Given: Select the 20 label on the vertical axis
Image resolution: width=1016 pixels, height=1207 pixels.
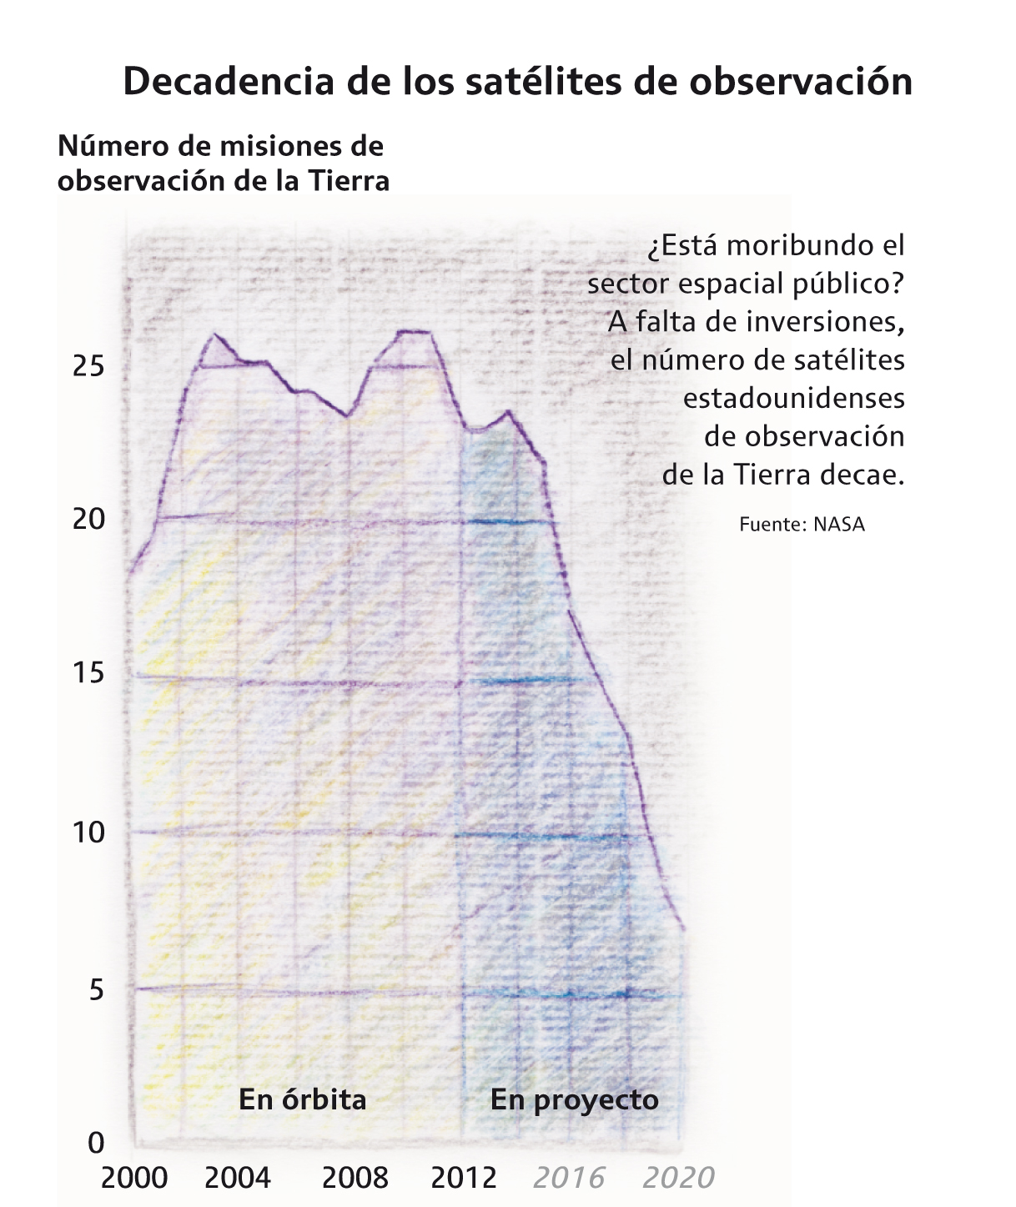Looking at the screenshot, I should pos(89,520).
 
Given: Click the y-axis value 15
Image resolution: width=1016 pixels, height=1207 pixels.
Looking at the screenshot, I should pos(89,672).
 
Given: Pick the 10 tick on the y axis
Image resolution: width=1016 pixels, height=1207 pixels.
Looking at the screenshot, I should pos(89,832).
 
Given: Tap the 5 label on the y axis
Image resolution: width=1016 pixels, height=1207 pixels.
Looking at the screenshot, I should pos(97,990).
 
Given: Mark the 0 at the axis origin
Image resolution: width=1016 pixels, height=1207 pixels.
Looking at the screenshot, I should pos(97,1142).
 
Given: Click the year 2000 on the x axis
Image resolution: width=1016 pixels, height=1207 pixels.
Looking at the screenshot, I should pos(134,1178).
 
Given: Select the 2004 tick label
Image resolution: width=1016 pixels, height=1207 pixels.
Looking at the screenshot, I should pos(238,1178).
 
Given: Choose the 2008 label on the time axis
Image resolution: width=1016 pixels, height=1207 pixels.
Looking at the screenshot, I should pos(355,1178).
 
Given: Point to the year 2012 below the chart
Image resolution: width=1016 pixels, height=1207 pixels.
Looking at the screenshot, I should pos(464,1178).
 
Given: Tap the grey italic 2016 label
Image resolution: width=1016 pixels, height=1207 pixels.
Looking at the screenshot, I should pos(569,1178).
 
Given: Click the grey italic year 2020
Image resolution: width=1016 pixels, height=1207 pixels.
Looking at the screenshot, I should pos(679,1178).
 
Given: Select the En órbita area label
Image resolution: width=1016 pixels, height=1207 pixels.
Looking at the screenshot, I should pos(303,1100).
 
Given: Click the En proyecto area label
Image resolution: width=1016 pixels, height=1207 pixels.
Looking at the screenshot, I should pos(575,1100).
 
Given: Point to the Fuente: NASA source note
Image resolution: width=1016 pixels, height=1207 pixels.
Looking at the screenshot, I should pos(802,525).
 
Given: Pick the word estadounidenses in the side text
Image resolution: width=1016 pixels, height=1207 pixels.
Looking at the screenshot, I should pos(793,398).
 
